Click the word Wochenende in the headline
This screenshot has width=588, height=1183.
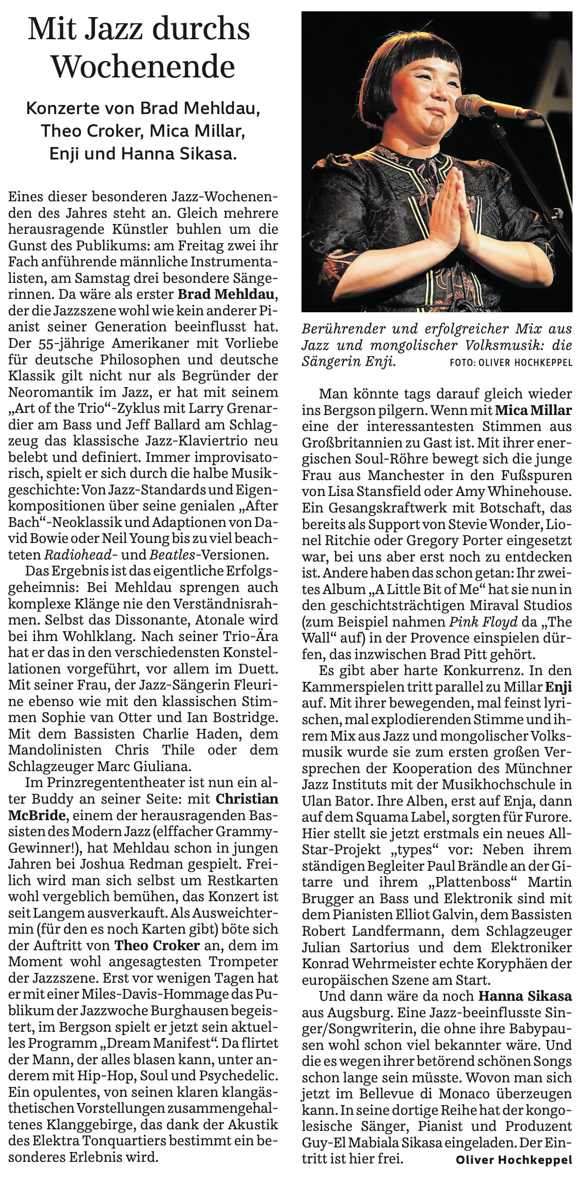144,67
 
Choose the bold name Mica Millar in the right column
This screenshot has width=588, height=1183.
533,411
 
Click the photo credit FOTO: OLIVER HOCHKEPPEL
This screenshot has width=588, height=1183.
511,363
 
